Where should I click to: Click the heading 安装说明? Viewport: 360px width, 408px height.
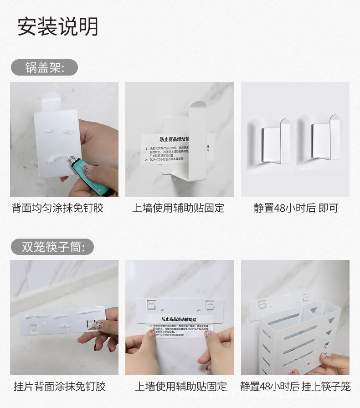point(58,27)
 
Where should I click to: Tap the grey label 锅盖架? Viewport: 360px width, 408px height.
point(45,68)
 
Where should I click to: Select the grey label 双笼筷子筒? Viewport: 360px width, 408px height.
point(52,247)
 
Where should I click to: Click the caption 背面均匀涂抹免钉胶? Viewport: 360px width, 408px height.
point(57,209)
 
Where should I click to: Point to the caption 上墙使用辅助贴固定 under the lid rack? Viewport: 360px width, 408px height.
point(179,209)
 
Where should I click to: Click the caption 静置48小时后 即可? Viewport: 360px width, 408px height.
point(296,209)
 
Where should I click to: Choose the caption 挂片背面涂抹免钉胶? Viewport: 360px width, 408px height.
point(60,387)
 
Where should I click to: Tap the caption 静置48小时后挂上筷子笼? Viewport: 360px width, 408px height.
point(296,387)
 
